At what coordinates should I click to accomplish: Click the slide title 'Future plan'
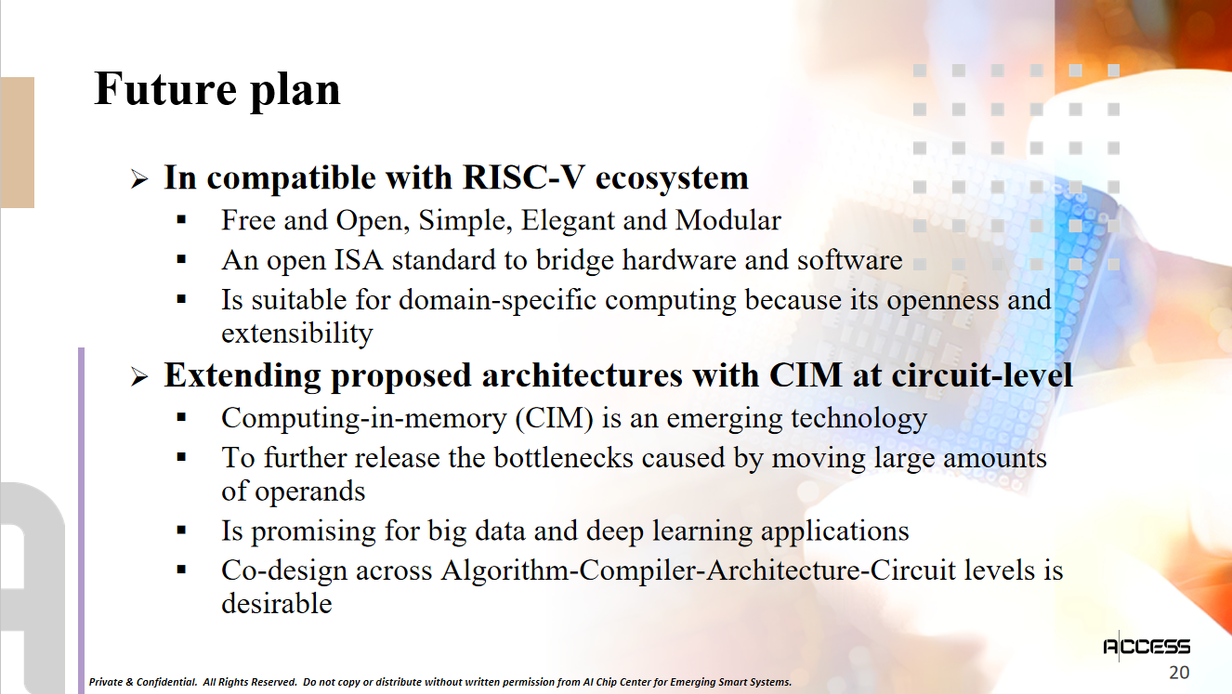[x=217, y=89]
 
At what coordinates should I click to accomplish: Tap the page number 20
[x=1179, y=673]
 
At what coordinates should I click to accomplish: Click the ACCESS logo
[x=1147, y=647]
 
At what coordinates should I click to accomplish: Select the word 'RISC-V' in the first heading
[x=524, y=177]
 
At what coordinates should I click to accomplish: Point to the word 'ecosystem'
[x=672, y=179]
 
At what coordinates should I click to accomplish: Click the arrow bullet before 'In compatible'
[x=139, y=179]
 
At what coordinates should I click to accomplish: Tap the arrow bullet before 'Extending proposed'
[x=139, y=377]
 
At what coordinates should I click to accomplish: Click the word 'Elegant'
[x=567, y=221]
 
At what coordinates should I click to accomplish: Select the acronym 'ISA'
[x=359, y=260]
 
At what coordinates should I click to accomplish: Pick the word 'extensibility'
[x=297, y=334]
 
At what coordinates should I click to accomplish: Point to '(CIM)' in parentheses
[x=555, y=418]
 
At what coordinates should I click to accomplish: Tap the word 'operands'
[x=309, y=491]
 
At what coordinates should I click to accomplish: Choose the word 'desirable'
[x=277, y=603]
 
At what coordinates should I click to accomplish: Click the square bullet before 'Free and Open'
[x=181, y=220]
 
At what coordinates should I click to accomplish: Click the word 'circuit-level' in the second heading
[x=982, y=375]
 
